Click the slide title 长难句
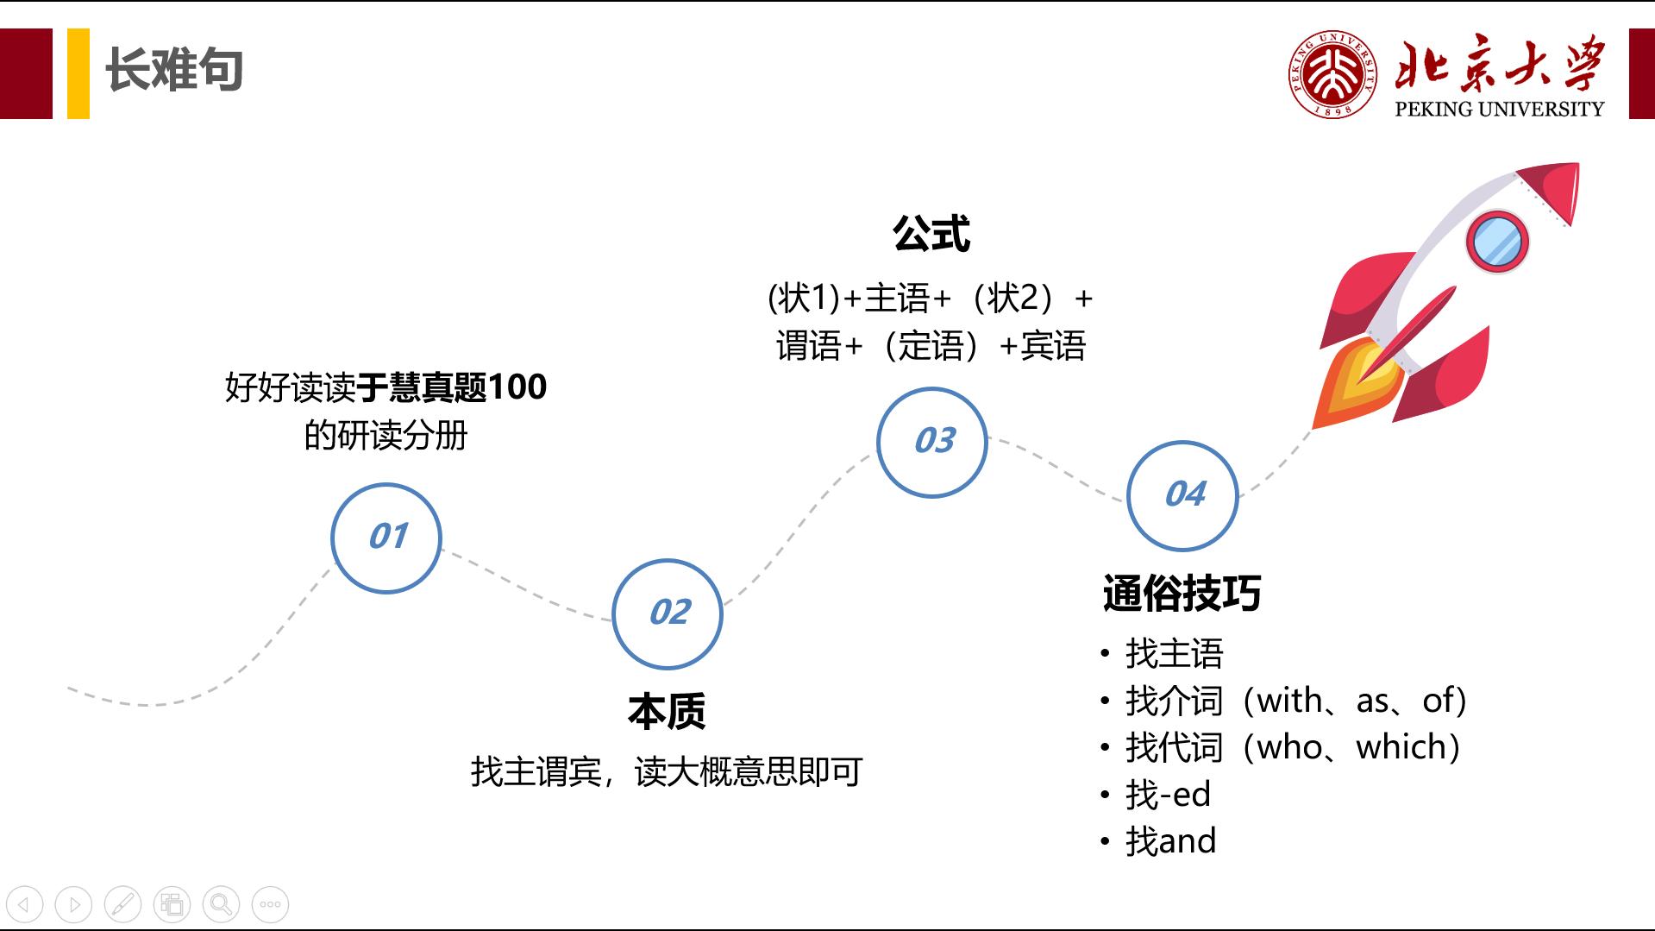pos(173,70)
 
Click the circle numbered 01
pos(386,538)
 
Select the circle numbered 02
pos(668,613)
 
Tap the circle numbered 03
pos(932,442)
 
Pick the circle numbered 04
pos(1182,495)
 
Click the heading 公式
pos(931,233)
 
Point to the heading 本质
pos(667,711)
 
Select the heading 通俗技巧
pos(1182,594)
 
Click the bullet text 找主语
pos(1174,654)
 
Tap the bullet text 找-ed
pos(1168,795)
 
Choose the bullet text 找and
pos(1170,841)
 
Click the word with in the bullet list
pos(1290,701)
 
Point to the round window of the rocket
pos(1497,242)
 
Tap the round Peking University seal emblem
pos(1332,74)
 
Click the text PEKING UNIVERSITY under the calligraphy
pos(1499,109)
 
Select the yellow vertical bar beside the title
pos(78,73)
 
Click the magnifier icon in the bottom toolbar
pos(221,904)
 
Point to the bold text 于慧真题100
pos(452,387)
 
